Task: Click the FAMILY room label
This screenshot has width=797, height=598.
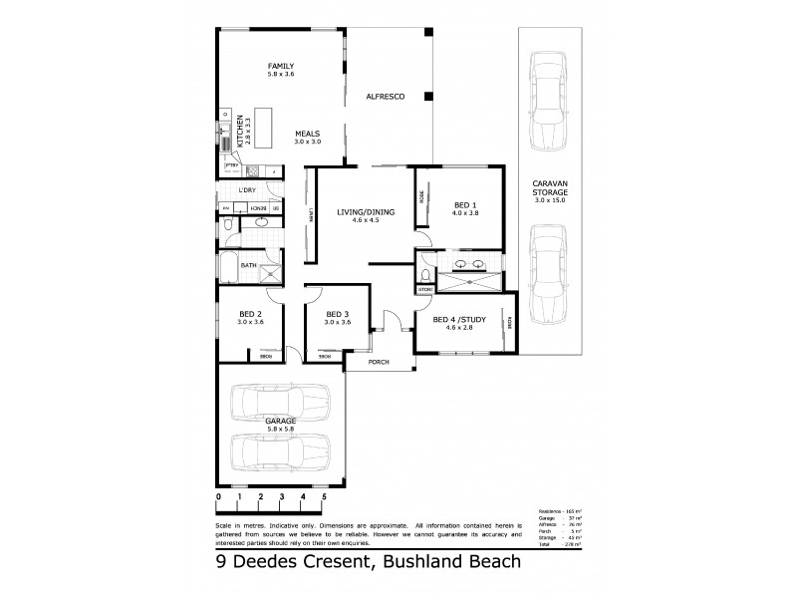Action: click(281, 66)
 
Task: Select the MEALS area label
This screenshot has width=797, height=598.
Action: click(308, 134)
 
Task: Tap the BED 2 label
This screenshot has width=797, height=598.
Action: click(250, 315)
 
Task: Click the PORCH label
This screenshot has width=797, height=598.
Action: click(379, 362)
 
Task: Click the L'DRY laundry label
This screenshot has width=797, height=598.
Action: click(247, 189)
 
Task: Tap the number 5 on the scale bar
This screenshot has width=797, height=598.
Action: click(324, 495)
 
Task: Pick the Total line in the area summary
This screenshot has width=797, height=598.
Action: click(558, 545)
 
